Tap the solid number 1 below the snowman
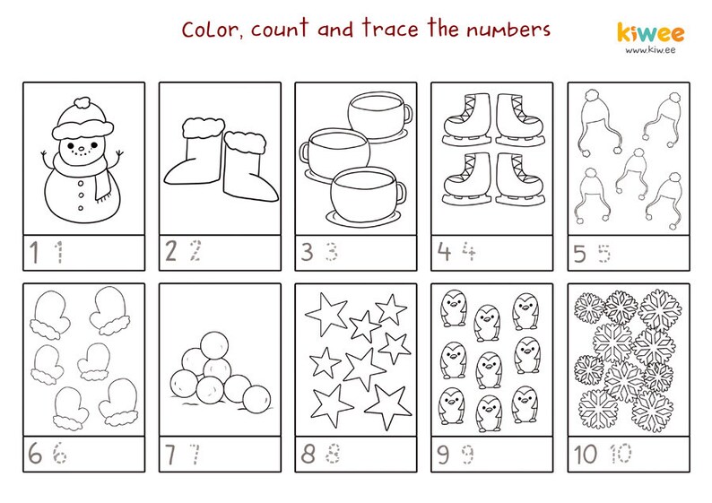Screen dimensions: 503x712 tap(35, 253)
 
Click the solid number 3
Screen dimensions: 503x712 tap(307, 252)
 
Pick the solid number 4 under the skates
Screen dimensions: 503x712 tap(443, 252)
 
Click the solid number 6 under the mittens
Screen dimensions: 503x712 tap(35, 455)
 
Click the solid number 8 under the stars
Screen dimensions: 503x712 tap(308, 455)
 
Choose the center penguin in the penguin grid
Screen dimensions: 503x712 tap(490, 367)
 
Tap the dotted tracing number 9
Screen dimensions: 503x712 tap(468, 455)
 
